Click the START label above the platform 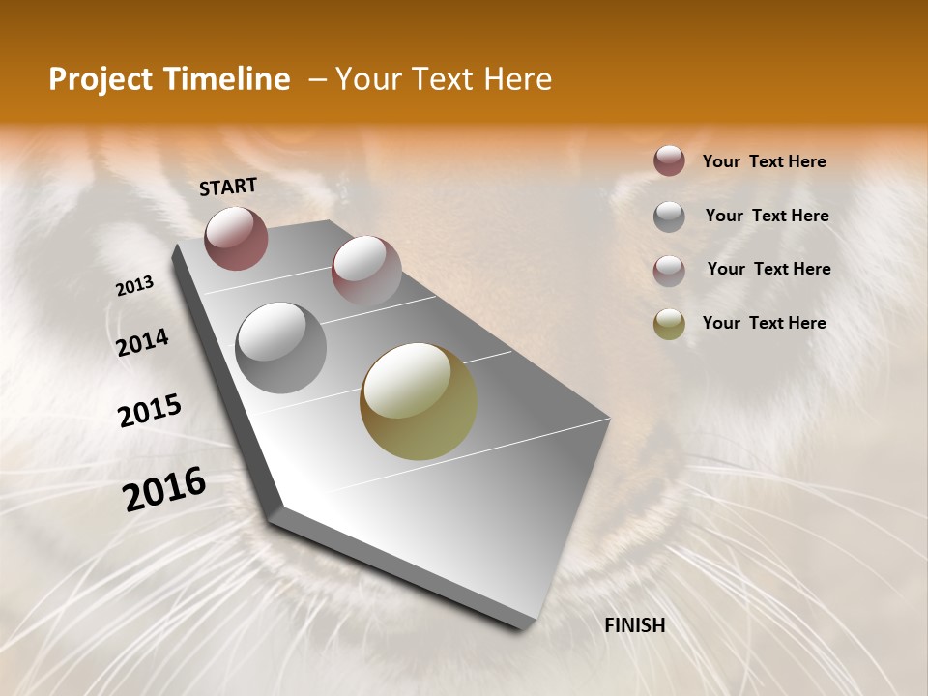click(x=228, y=187)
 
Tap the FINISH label click(x=635, y=625)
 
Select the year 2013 click(x=135, y=286)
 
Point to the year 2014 click(x=143, y=343)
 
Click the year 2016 click(x=164, y=489)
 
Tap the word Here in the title click(x=517, y=79)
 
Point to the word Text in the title click(x=440, y=79)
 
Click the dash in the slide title click(x=317, y=80)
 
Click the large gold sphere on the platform click(x=419, y=401)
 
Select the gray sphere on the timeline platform click(x=280, y=348)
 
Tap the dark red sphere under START click(x=236, y=238)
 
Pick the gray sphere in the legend click(x=669, y=217)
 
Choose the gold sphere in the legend click(x=669, y=324)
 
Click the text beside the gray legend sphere click(x=767, y=216)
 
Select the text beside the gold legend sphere click(x=764, y=323)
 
